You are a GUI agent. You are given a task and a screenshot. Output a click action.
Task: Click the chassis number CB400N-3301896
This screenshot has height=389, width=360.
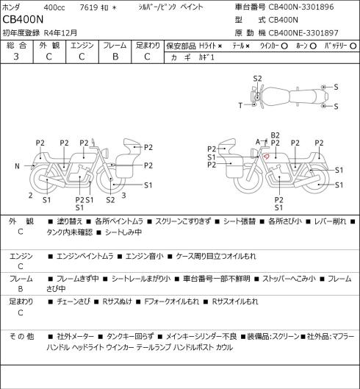[x=301, y=7]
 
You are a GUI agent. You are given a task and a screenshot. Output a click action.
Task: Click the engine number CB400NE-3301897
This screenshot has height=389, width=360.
[x=303, y=33]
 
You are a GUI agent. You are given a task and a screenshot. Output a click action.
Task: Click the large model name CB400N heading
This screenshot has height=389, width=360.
[x=23, y=20]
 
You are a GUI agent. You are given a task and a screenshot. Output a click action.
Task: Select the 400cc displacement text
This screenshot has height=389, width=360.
[x=54, y=7]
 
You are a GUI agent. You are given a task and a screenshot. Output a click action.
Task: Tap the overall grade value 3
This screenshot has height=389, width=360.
[x=16, y=57]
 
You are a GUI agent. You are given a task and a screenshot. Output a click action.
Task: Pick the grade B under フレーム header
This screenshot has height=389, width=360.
[x=115, y=57]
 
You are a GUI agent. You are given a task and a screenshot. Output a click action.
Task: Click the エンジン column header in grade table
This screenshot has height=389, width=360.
[x=82, y=46]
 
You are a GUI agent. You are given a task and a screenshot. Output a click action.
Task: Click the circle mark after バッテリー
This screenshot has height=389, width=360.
[x=353, y=46]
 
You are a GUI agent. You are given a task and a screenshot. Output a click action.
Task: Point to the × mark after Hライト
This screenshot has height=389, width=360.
[x=220, y=46]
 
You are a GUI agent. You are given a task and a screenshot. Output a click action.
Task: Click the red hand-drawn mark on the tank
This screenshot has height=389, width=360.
[x=266, y=156]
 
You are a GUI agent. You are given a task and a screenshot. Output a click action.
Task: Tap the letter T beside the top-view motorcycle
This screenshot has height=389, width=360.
[x=240, y=105]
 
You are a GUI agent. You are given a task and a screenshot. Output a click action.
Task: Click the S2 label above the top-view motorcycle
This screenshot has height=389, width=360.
[x=257, y=79]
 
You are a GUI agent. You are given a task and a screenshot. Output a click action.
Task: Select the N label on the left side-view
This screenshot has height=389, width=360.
[x=17, y=166]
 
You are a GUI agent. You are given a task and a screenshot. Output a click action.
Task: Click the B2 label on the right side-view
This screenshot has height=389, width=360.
[x=276, y=135]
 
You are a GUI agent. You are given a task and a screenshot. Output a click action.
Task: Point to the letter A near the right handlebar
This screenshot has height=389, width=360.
[x=258, y=142]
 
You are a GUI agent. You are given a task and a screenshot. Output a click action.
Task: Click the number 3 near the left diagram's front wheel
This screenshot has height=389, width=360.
[x=123, y=196]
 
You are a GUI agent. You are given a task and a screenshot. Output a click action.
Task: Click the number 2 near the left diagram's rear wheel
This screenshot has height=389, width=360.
[x=30, y=196]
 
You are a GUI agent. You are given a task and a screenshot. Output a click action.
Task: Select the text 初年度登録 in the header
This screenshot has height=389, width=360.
[x=21, y=33]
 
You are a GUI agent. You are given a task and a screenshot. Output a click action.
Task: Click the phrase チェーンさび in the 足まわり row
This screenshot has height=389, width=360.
[x=73, y=301]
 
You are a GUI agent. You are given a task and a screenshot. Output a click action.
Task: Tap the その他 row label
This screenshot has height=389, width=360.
[x=21, y=336]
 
